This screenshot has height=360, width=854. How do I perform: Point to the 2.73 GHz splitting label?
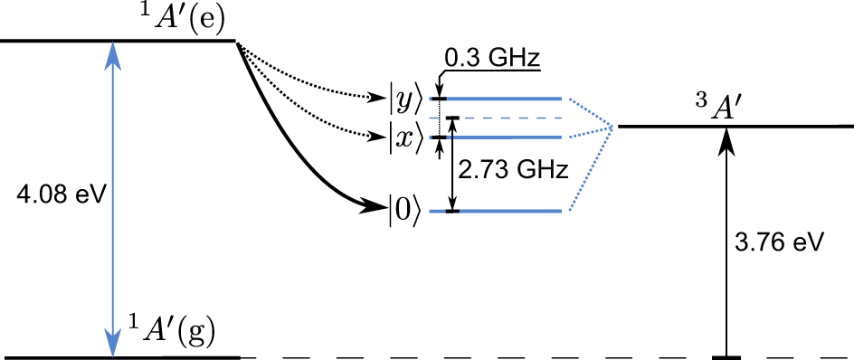point(513,168)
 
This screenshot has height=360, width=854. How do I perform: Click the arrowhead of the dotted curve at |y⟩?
point(379,95)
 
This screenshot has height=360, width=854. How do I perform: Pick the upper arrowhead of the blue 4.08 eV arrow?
point(112,52)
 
